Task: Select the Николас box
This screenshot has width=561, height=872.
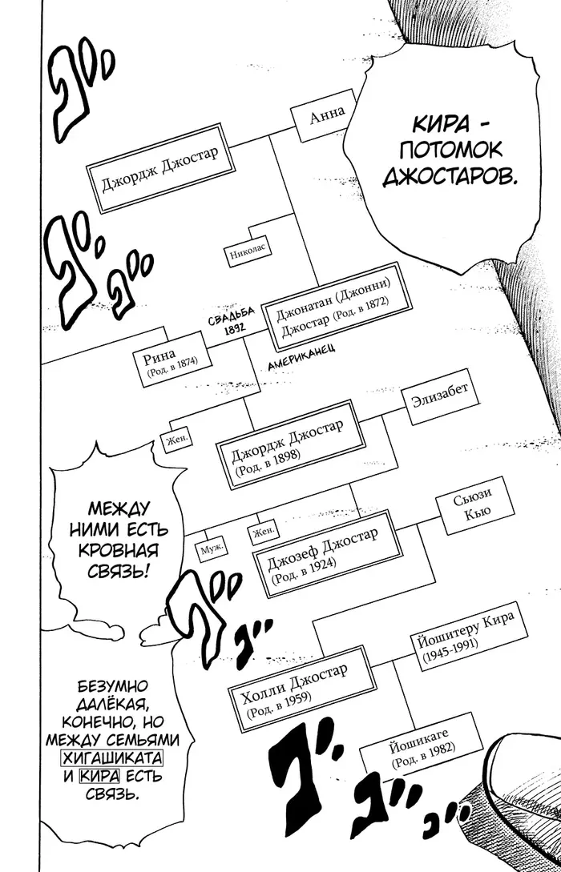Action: point(248,254)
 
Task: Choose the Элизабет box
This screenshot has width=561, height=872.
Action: point(440,396)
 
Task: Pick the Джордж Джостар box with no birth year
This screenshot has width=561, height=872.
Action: point(159,168)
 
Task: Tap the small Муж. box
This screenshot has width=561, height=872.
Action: point(212,549)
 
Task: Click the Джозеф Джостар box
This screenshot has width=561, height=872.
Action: point(328,553)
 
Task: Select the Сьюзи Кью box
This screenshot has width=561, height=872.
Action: point(473,505)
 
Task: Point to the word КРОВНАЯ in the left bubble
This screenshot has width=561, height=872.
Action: point(119,550)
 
